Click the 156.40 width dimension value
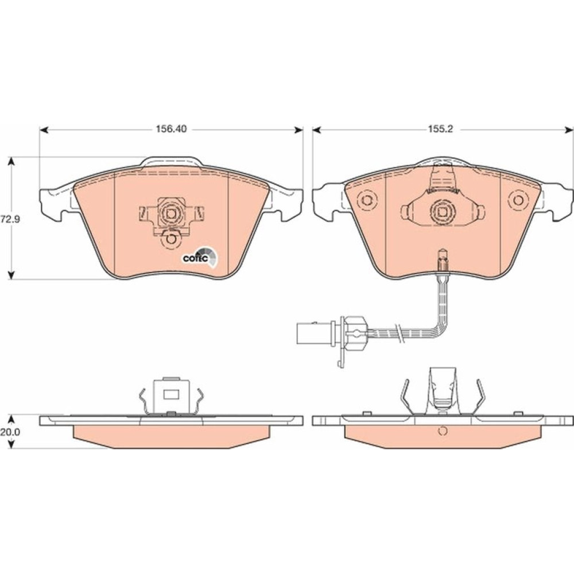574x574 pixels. [x=171, y=129]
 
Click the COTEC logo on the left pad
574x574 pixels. [x=200, y=256]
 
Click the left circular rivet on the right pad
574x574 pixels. [x=366, y=200]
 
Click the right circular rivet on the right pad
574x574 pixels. [x=518, y=200]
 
